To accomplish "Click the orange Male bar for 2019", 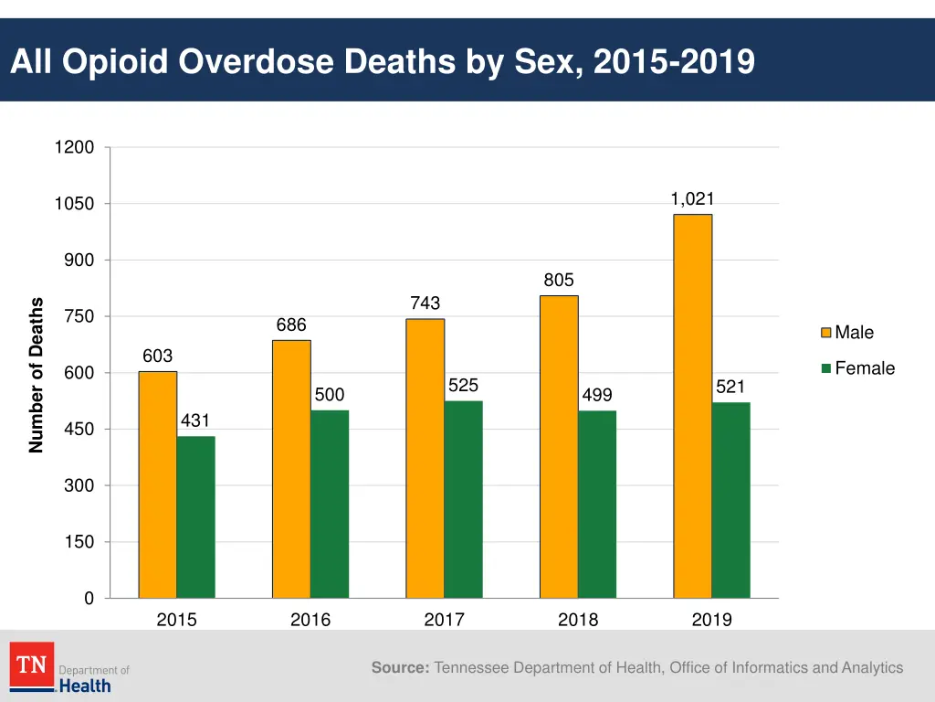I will (692, 406).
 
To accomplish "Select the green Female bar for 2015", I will (195, 516).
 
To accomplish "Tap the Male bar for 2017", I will (425, 458).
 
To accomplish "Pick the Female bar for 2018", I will (597, 504).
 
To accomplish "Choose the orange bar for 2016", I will (291, 469).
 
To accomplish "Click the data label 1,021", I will (692, 199).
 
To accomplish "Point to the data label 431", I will (195, 420).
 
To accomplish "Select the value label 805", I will (559, 281).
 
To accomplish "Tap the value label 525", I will (463, 386).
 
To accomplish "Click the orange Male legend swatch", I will (825, 333).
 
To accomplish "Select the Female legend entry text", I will (864, 368).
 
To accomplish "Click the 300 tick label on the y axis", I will (79, 485).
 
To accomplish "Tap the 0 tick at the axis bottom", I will (89, 599).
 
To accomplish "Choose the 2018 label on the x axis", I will (578, 620).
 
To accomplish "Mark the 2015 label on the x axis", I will (176, 620).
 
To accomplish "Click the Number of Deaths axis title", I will (37, 375).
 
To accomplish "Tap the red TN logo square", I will (32, 665).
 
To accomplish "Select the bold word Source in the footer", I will (400, 668).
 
